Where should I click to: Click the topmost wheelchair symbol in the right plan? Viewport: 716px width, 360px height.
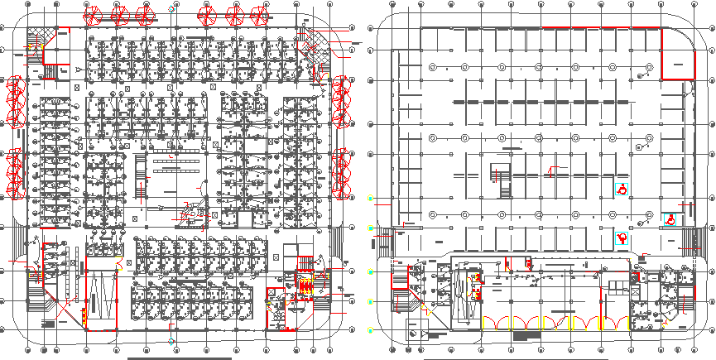click(621, 189)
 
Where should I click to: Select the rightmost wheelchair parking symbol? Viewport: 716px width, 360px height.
click(670, 219)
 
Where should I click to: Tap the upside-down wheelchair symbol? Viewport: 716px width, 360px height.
click(622, 238)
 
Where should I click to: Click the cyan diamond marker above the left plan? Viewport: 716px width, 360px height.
click(171, 8)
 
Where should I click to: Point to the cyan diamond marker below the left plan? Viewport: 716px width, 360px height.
click(171, 341)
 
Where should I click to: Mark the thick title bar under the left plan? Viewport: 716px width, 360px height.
click(180, 358)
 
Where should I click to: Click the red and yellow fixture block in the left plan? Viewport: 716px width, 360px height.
click(305, 286)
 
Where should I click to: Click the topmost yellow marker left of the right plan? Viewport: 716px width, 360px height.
click(371, 199)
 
